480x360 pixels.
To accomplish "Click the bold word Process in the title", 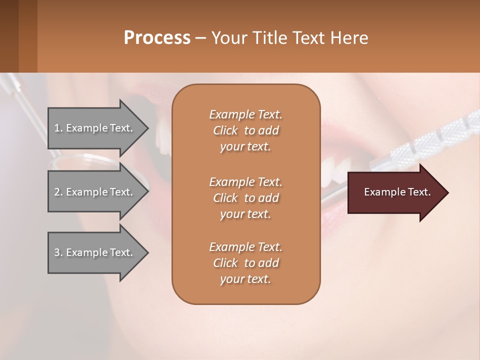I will pyautogui.click(x=157, y=37).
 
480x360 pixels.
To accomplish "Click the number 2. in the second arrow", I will pyautogui.click(x=58, y=192).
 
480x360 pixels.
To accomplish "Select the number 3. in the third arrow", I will pyautogui.click(x=58, y=252).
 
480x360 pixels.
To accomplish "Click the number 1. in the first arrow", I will pyautogui.click(x=58, y=128).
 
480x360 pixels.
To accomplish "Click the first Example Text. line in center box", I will pyautogui.click(x=245, y=114).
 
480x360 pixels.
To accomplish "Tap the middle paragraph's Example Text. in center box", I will pyautogui.click(x=245, y=182).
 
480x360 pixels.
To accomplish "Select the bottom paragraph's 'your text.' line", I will pyautogui.click(x=245, y=279).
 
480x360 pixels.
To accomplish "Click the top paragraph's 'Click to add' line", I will pyautogui.click(x=245, y=130).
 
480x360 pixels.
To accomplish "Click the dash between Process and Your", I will pyautogui.click(x=201, y=38).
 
